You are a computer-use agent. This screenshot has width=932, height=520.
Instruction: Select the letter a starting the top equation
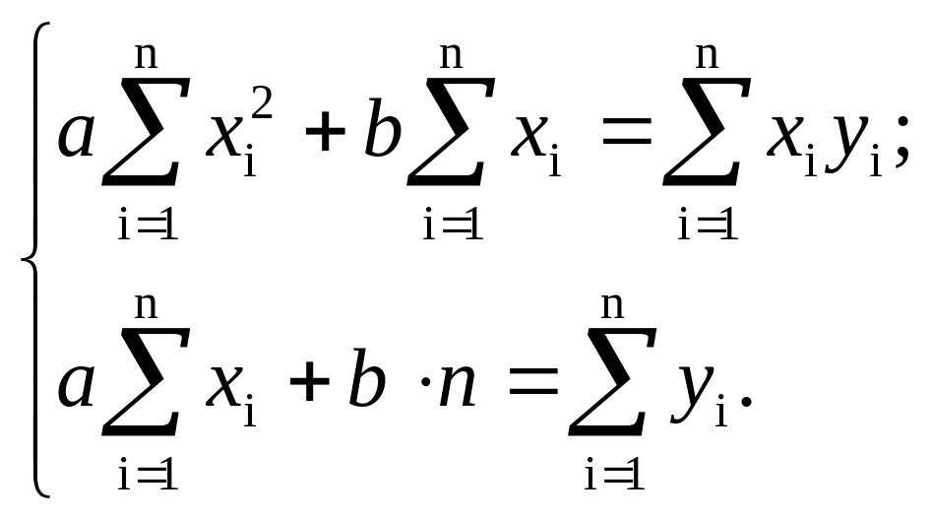tap(77, 136)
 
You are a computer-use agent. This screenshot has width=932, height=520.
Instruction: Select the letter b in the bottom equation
tap(365, 382)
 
